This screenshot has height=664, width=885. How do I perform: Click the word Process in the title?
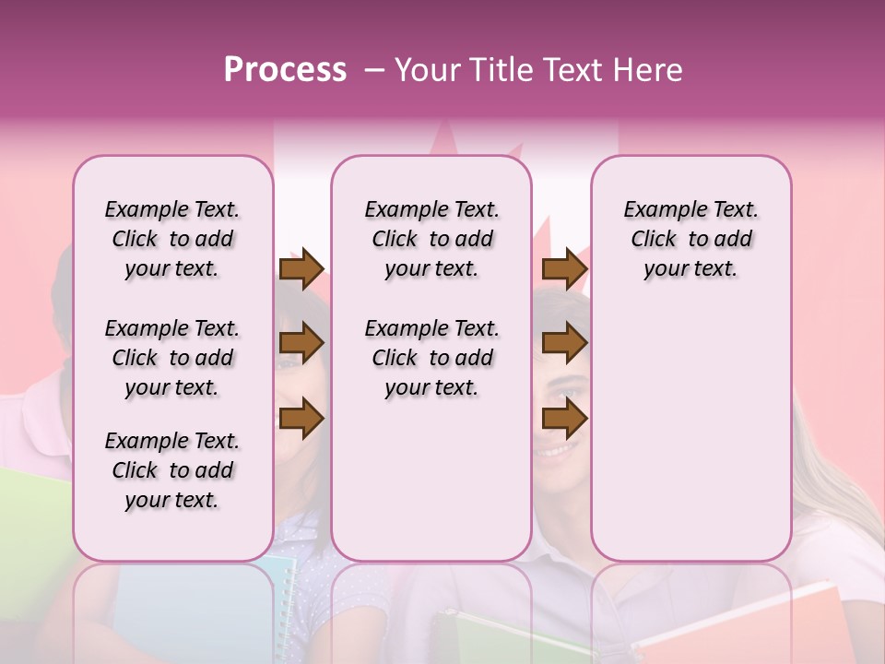pos(285,70)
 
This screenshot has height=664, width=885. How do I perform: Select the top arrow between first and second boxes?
pos(301,268)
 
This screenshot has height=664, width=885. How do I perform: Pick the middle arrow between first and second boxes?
pos(301,344)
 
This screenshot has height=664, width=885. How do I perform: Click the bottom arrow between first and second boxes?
pos(301,419)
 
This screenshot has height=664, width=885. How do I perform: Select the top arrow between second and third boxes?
pos(564,268)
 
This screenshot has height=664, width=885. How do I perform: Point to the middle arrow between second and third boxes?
pos(564,344)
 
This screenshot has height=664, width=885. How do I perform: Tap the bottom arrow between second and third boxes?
pos(564,419)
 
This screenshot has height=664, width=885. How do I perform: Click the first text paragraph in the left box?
pos(172,239)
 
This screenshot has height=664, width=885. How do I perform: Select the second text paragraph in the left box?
pos(172,358)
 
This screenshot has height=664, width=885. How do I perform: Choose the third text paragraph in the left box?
pos(172,470)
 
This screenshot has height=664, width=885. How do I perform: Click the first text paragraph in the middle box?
pos(431,239)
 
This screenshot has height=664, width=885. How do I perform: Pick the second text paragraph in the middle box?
pos(431,358)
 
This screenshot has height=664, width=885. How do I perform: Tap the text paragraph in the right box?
pos(690,239)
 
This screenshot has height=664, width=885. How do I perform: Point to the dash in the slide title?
pos(373,70)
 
